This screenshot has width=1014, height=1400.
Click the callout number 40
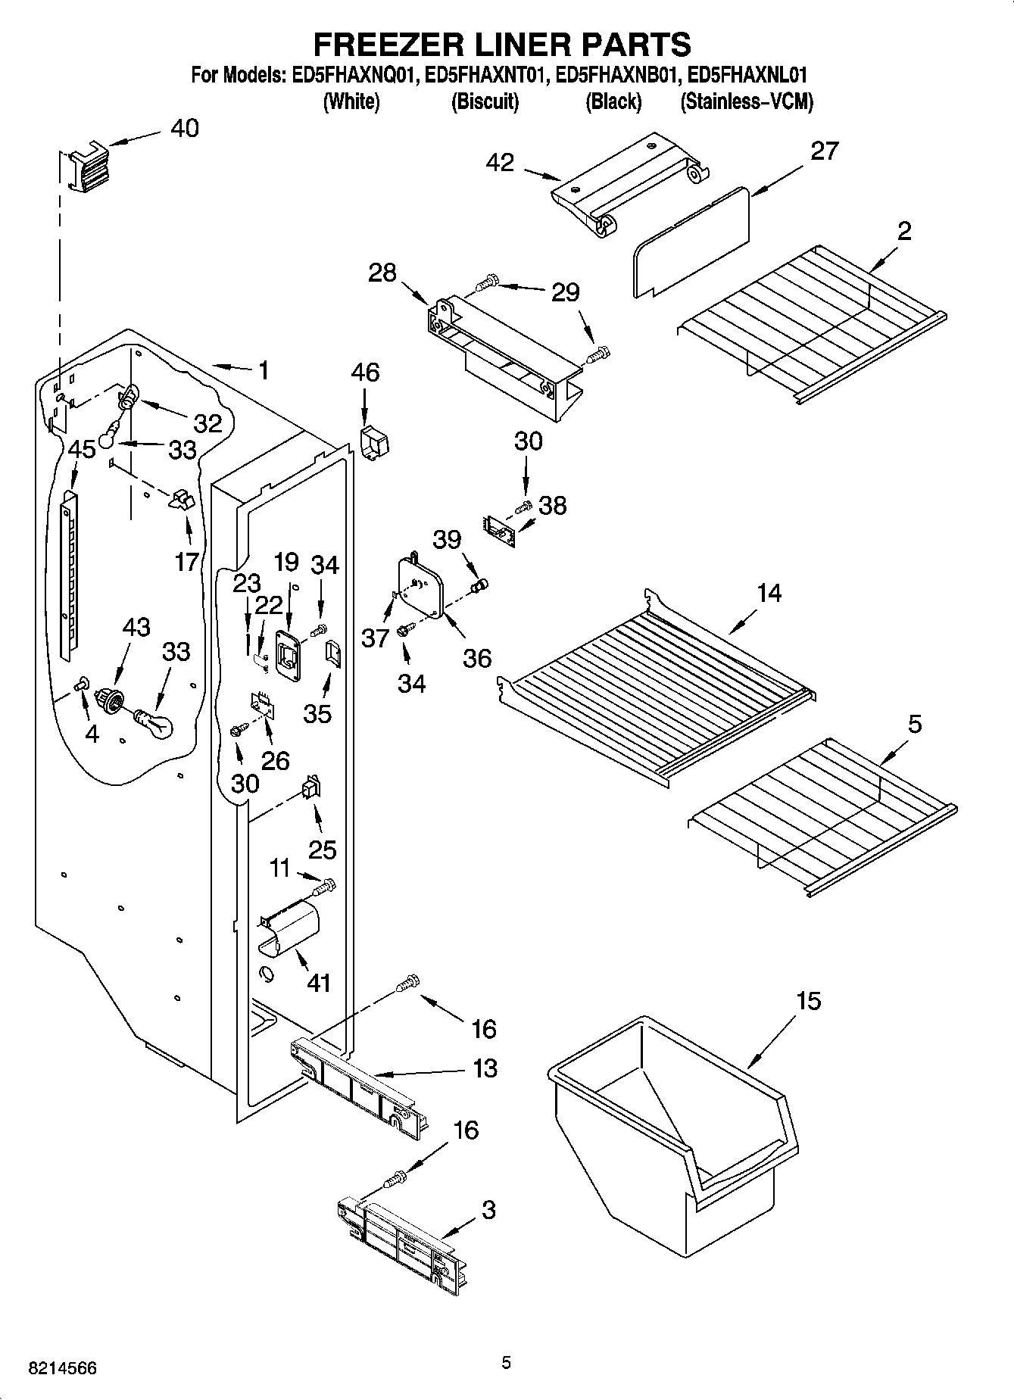point(184,128)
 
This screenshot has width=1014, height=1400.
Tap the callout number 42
point(500,162)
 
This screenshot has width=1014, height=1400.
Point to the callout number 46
point(365,373)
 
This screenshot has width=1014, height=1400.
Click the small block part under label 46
point(373,442)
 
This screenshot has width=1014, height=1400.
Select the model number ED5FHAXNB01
point(615,76)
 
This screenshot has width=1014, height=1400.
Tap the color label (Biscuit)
point(485,101)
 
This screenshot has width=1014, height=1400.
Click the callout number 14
point(769,592)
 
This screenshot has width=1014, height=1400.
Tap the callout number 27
point(824,151)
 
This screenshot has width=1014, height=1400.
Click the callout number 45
point(82,449)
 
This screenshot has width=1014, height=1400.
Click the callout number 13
point(484,1068)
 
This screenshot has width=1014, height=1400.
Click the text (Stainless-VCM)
point(746,101)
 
